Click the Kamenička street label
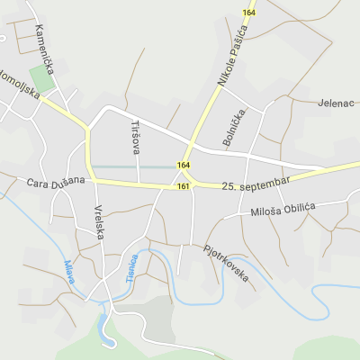46,43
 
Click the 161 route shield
184,186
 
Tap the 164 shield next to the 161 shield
184,166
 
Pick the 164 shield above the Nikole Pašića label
249,12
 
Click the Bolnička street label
233,127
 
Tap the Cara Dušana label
56,182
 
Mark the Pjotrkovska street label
226,263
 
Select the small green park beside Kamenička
41,76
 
